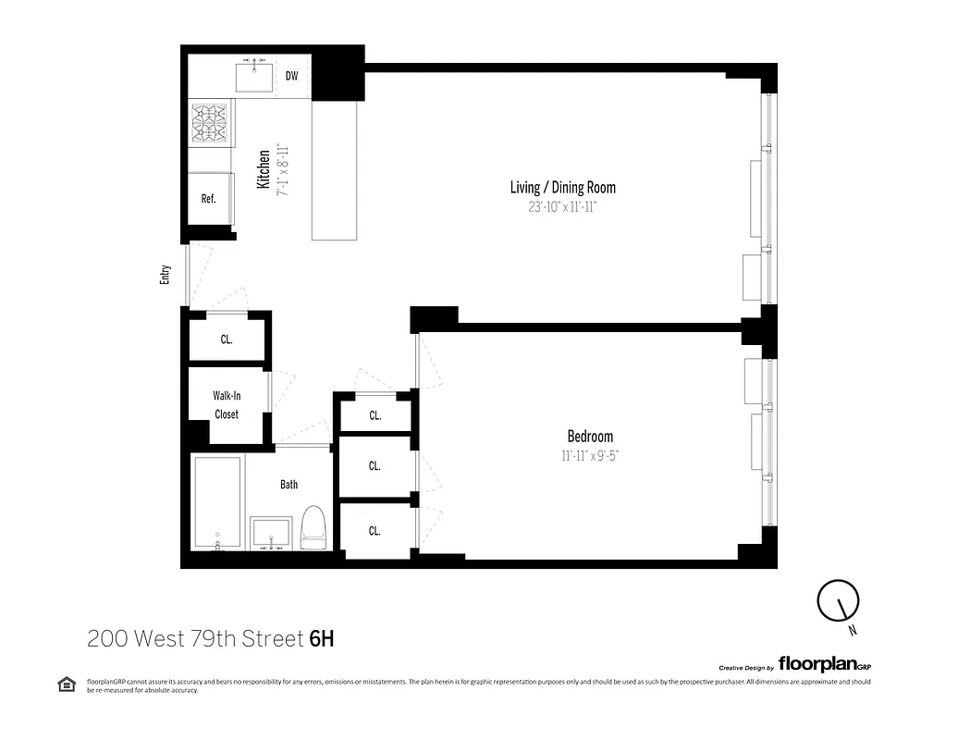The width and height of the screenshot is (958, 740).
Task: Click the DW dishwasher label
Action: point(291,76)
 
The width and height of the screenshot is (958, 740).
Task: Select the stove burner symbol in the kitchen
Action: point(210,123)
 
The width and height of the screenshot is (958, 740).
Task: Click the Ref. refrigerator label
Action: point(208,199)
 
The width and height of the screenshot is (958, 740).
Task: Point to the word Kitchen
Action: point(264,170)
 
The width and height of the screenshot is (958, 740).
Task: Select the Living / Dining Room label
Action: point(562,188)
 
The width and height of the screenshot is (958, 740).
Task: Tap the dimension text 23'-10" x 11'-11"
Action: point(562,208)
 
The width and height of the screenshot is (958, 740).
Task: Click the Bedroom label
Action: point(589,437)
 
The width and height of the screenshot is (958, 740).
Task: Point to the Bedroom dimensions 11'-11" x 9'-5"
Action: point(589,455)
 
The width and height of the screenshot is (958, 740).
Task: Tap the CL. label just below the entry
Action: point(226,339)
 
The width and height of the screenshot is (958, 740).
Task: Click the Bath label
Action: point(289,484)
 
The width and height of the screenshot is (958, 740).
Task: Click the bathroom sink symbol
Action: point(272,533)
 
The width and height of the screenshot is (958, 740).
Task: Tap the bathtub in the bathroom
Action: point(218,504)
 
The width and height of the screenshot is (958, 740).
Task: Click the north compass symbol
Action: point(839,603)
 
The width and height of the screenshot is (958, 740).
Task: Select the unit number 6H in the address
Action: point(321,638)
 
